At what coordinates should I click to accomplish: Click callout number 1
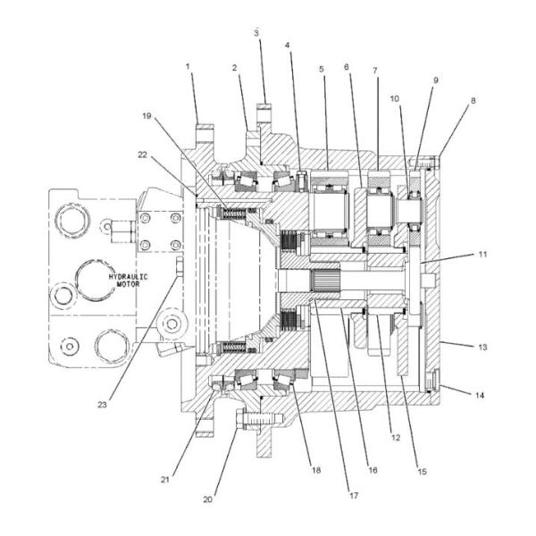188,66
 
